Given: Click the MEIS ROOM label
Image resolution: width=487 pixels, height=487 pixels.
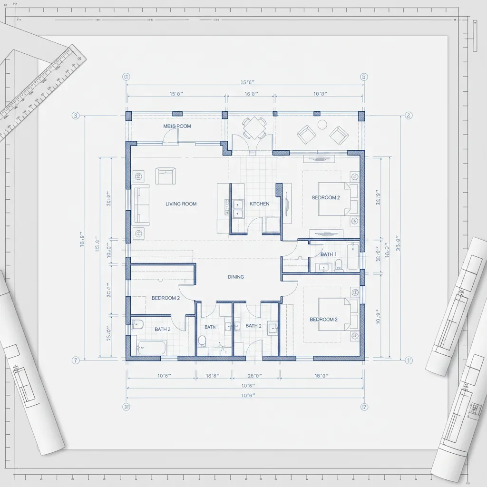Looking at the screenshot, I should click(177, 126).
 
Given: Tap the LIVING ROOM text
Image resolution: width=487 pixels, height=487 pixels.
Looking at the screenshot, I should click(181, 204).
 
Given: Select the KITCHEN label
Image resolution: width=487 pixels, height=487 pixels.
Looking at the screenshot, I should click(260, 204).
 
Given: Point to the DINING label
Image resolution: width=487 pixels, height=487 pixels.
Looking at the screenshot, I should click(236, 277).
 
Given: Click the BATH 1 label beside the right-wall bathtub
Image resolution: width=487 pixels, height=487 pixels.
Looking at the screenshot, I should click(328, 254).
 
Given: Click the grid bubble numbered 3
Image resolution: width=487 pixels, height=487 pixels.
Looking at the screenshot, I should click(75, 116).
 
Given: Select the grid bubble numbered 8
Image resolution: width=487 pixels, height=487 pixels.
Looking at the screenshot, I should click(364, 77).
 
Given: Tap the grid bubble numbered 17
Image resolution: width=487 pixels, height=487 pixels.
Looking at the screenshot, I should click(364, 407).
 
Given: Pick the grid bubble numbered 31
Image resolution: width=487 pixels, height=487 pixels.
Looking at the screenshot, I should click(127, 407).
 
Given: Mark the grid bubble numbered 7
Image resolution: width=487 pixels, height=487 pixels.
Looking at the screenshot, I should click(75, 360).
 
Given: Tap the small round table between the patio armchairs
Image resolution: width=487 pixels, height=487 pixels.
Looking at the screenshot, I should click(322, 125).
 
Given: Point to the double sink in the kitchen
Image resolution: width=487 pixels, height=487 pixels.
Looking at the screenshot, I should click(237, 209).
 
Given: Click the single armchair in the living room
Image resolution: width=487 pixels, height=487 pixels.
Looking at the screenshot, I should click(166, 175).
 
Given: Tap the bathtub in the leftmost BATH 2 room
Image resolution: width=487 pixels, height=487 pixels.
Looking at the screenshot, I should click(151, 347).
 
